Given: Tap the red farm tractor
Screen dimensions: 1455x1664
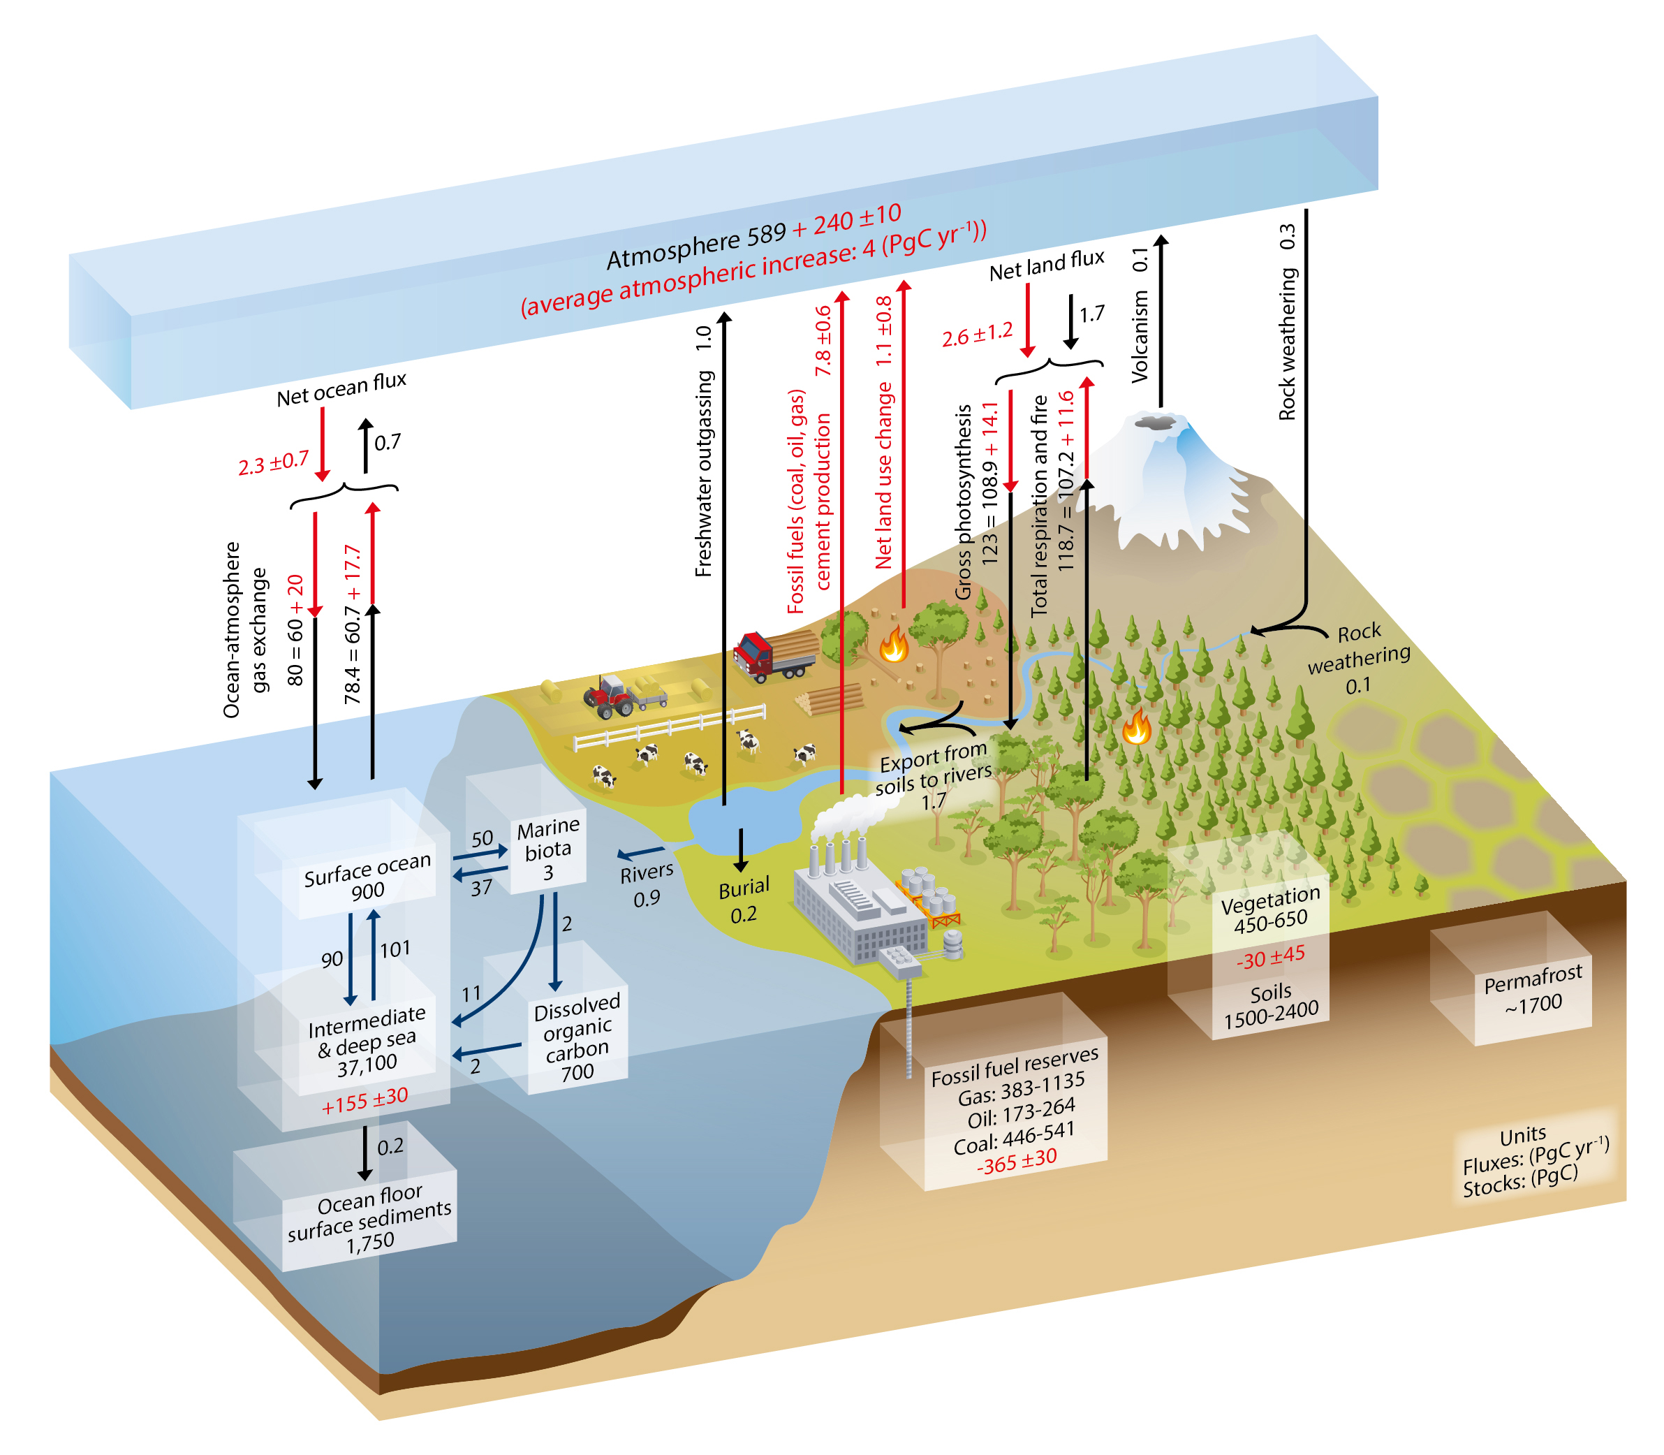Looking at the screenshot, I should tap(610, 696).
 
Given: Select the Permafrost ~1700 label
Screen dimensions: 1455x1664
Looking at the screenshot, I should tap(1533, 989).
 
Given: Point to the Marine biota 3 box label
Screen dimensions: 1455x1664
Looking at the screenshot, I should tap(548, 849).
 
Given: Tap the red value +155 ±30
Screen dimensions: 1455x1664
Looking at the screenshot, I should tap(365, 1101).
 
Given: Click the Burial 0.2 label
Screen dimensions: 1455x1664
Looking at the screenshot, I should tap(744, 900).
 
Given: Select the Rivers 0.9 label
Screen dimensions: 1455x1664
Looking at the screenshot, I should tap(646, 884).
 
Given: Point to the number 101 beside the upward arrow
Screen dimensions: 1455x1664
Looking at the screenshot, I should tap(395, 949).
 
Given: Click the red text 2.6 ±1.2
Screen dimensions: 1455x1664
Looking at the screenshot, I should tap(978, 335).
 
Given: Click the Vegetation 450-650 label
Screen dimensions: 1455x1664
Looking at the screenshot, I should tap(1270, 910).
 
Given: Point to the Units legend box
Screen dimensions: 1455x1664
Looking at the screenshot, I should tap(1533, 1160).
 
